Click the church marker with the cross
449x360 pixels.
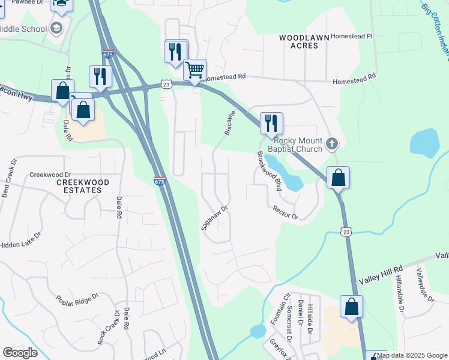tap(333, 144)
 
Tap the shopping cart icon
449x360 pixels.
tap(194, 70)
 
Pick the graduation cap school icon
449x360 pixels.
tap(56, 28)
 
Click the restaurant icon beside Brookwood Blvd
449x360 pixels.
tap(271, 123)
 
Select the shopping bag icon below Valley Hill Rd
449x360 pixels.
tap(352, 307)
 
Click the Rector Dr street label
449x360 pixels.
tap(285, 213)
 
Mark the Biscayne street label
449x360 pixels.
tap(230, 123)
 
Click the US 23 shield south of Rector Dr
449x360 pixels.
tap(345, 231)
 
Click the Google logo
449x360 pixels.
tap(20, 353)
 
